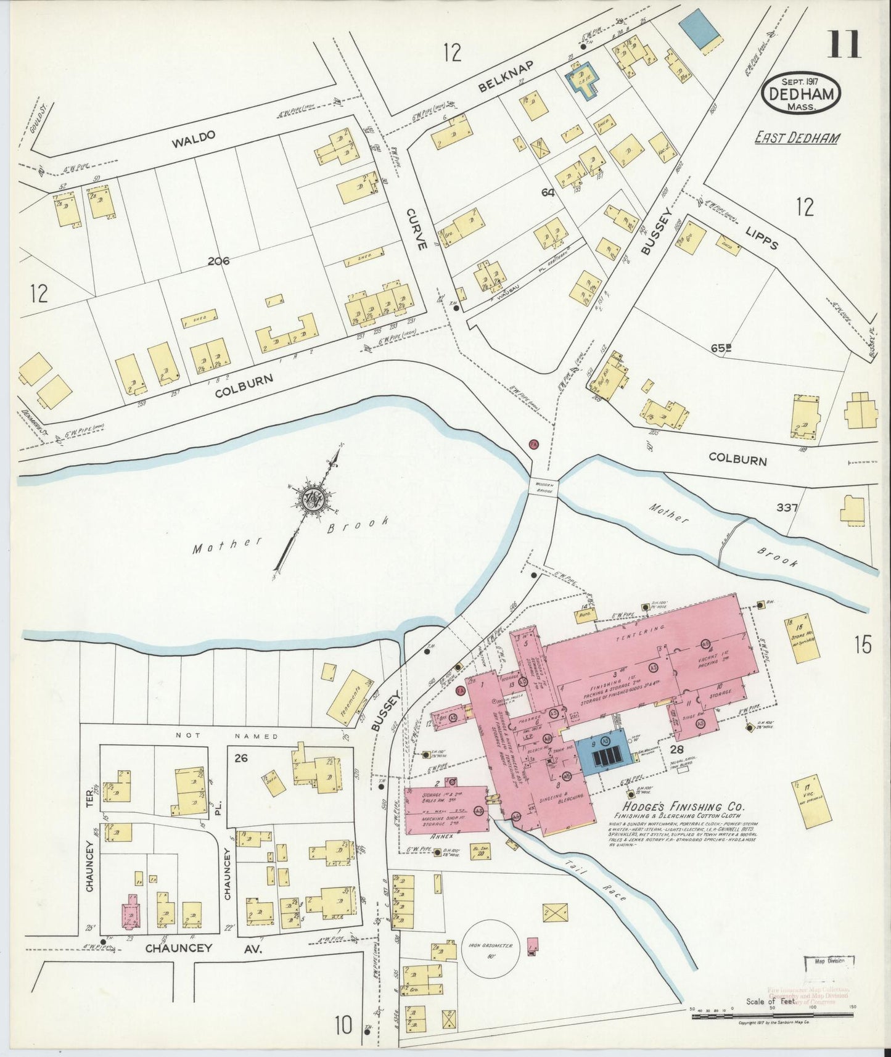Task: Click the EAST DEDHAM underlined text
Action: (x=797, y=137)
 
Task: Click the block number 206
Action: (x=218, y=261)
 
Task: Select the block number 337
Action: (x=787, y=508)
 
